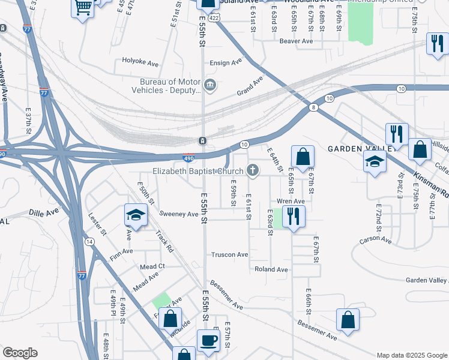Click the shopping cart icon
click(83, 8)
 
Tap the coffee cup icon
click(208, 340)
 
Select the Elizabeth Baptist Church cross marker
click(253, 170)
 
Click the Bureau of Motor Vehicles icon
click(210, 84)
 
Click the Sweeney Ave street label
click(179, 214)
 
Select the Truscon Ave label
click(229, 254)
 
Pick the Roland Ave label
click(271, 269)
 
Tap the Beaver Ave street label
click(297, 41)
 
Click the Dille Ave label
click(44, 212)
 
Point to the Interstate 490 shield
click(187, 158)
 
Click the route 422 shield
click(214, 19)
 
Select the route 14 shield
click(89, 241)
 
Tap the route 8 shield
click(313, 107)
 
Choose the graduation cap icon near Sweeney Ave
click(136, 215)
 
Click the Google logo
click(20, 353)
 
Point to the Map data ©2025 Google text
click(411, 355)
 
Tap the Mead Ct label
click(152, 266)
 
